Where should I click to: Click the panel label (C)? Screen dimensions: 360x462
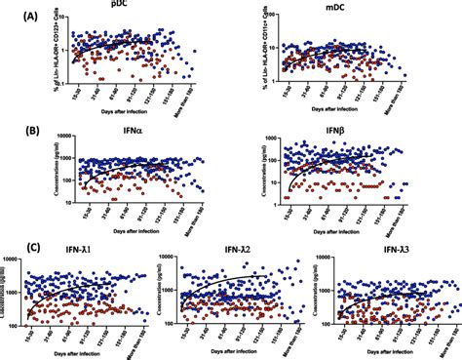coord(14,246)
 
